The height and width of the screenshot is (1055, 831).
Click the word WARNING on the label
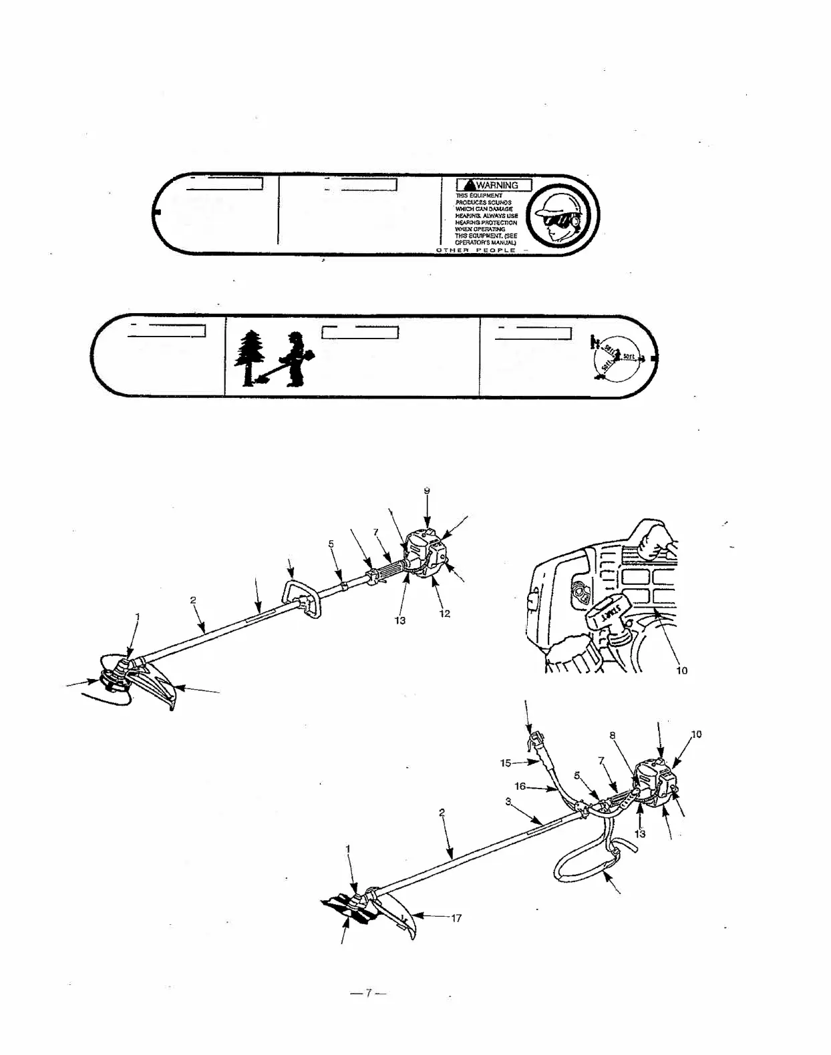click(500, 186)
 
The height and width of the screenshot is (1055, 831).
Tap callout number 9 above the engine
click(427, 491)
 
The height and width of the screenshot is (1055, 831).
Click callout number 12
click(445, 614)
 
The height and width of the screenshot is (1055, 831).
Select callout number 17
click(457, 918)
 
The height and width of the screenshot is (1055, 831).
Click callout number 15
click(506, 763)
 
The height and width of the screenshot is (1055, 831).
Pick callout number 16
click(520, 787)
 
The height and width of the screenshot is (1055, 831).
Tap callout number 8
click(612, 736)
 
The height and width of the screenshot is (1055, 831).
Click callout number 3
click(508, 802)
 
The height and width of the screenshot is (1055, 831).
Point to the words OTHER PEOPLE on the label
click(476, 250)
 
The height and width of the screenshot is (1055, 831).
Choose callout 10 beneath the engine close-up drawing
click(682, 670)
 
